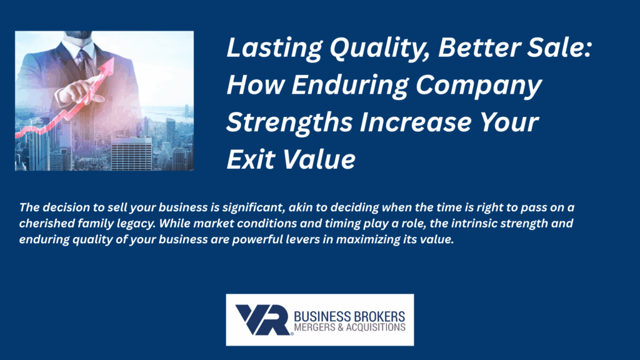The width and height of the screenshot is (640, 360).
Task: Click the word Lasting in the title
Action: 274,48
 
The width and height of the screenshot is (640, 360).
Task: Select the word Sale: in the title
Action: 559,47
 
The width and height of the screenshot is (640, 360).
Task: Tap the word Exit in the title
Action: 251,159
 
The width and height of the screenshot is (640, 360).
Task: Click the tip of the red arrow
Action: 112,58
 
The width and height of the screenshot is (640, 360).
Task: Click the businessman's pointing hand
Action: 80,92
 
